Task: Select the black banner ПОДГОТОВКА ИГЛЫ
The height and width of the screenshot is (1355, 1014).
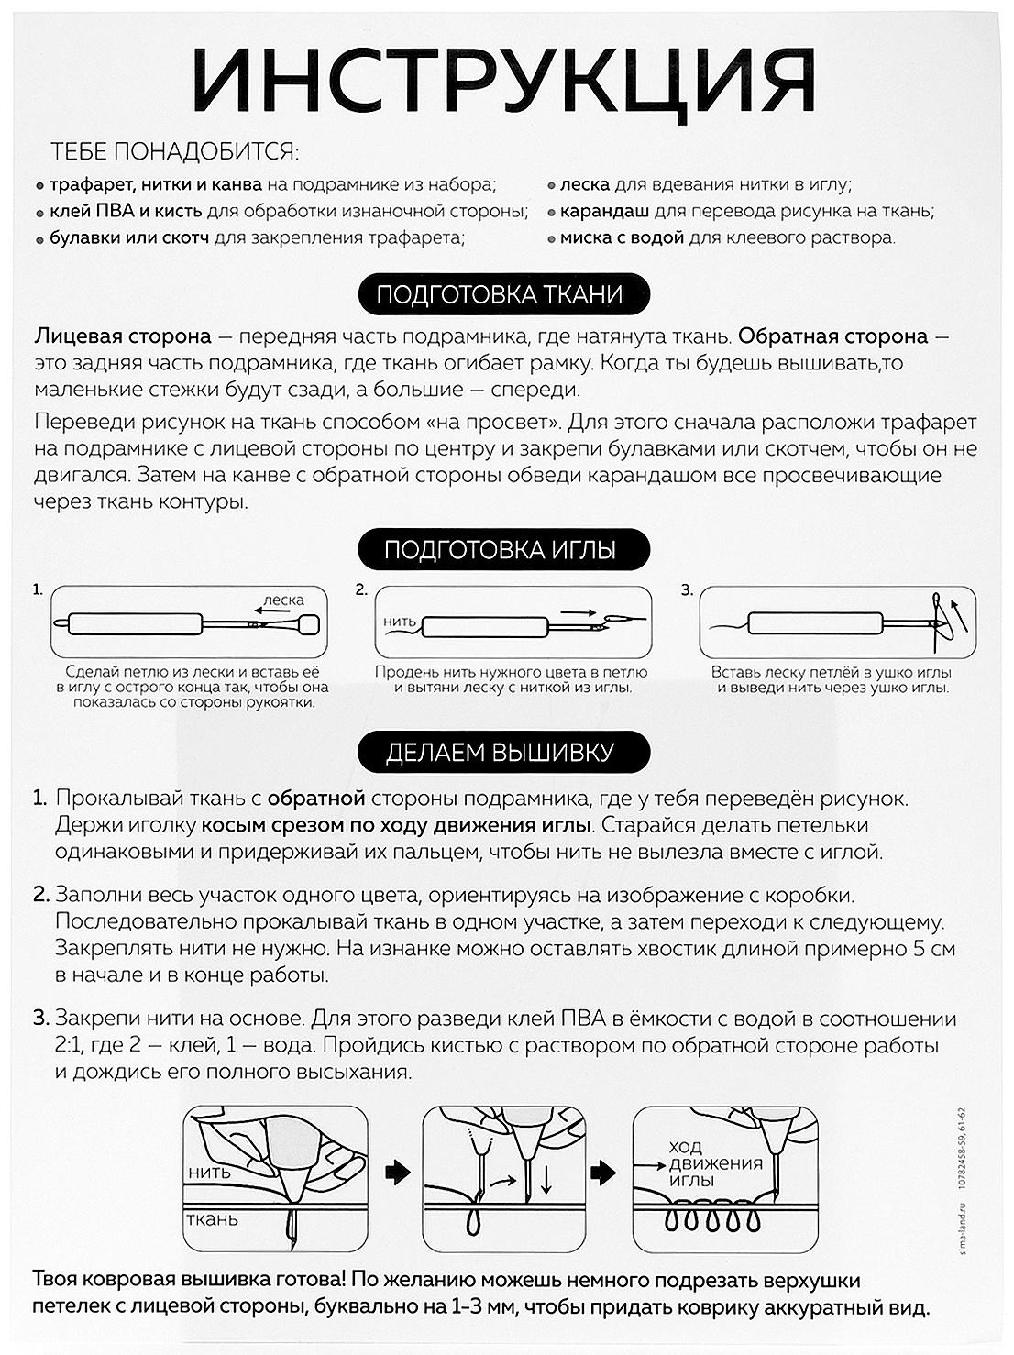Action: (500, 550)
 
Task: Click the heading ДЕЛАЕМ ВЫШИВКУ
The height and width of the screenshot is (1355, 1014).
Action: (500, 753)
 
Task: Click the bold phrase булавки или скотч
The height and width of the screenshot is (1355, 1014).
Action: (128, 237)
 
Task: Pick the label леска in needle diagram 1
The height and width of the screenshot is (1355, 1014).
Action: (283, 600)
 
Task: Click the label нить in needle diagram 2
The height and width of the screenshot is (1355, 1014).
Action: (400, 622)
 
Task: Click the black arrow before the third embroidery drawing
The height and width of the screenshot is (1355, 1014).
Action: (603, 1172)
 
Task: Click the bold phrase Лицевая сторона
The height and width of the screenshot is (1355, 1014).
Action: (123, 336)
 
